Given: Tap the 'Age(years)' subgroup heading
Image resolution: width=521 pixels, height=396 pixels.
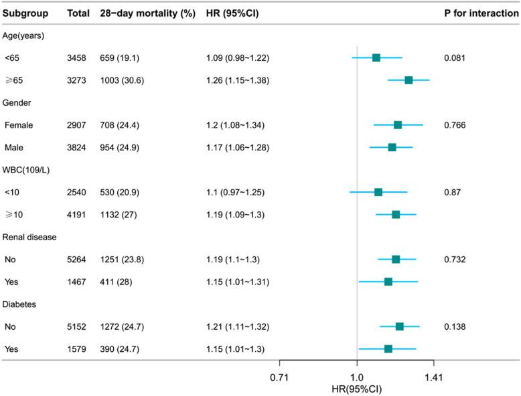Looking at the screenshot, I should [x=25, y=35].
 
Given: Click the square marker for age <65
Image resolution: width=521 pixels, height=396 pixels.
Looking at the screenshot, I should [x=376, y=58].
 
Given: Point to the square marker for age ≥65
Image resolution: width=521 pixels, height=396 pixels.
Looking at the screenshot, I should [x=408, y=80].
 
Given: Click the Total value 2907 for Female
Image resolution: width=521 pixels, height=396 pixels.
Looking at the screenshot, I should [x=79, y=125].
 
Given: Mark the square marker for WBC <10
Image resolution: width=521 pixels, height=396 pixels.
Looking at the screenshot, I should [x=378, y=192].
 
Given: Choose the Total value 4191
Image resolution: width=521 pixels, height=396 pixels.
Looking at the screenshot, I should [x=79, y=215].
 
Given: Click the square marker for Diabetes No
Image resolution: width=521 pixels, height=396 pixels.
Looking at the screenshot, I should [x=400, y=326].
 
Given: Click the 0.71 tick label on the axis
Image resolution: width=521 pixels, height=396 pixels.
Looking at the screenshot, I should [x=279, y=377].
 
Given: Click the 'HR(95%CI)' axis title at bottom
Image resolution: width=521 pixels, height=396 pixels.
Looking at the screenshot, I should [x=356, y=389].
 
